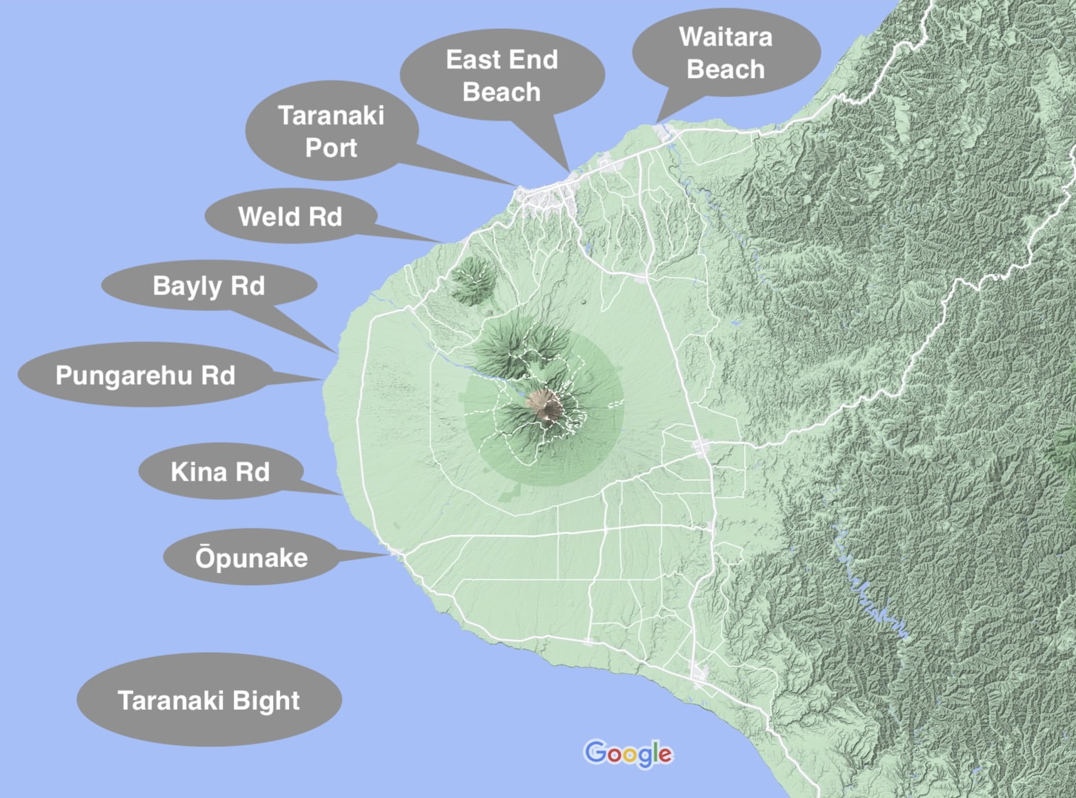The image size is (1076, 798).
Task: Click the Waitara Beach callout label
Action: coord(726,53)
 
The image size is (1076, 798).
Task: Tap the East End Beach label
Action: coord(501,75)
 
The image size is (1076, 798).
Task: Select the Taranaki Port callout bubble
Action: coord(331,131)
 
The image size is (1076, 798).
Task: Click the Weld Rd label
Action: coord(290,217)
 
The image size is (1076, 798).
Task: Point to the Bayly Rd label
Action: coord(209,286)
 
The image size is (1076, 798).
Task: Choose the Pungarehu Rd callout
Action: coord(145,375)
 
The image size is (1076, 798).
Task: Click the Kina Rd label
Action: coord(220,472)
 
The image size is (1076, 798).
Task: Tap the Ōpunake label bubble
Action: coord(251,557)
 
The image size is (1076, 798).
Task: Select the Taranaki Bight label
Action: coord(209,700)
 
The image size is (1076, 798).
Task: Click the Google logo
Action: coord(628,754)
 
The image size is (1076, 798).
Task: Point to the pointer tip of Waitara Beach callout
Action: coord(657,123)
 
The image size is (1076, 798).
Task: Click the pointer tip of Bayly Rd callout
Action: coord(337,352)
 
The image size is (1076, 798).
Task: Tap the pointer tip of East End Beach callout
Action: coord(568,170)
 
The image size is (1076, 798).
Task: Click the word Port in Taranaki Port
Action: coord(331,148)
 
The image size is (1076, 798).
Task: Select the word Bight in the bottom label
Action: coord(266,700)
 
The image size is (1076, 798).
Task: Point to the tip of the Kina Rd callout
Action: coord(343,495)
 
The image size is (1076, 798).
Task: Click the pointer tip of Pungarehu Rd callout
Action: coord(323,379)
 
